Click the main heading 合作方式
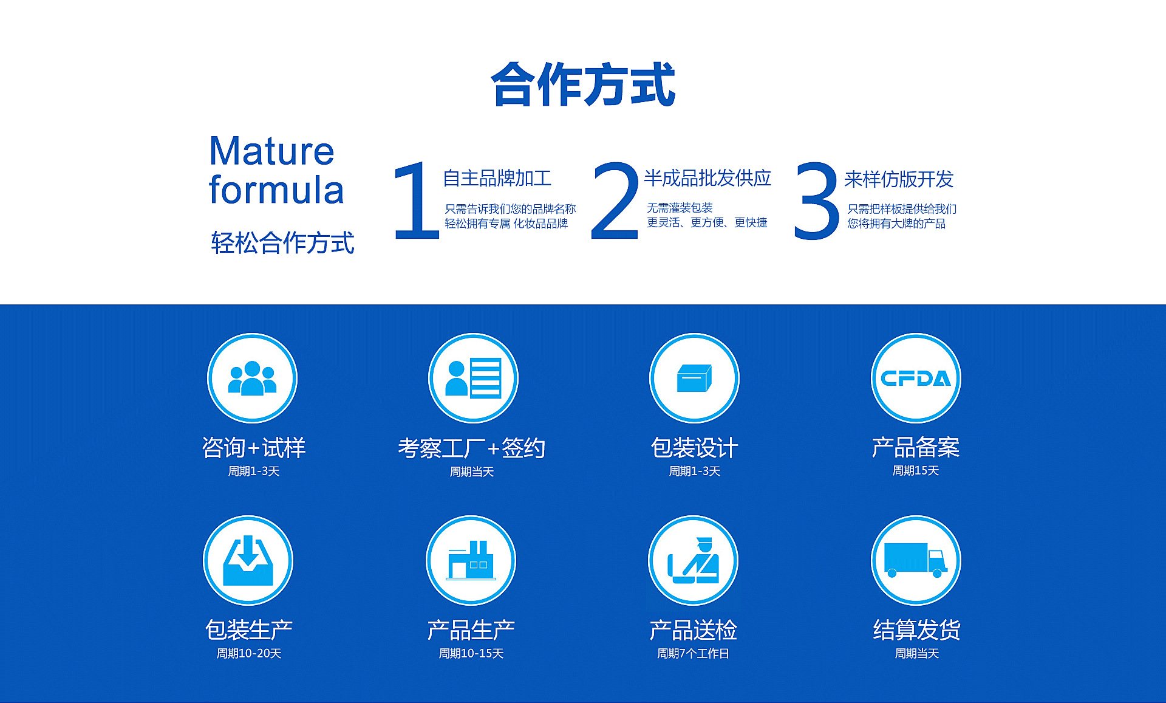583,84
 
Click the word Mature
271,151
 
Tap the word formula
276,190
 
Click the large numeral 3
816,201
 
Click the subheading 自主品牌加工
497,178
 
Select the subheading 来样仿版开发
899,179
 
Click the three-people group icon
252,378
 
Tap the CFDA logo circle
916,378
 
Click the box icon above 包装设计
694,378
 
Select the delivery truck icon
916,560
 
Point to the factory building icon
471,560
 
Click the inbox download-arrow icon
248,560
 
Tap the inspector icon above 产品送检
694,560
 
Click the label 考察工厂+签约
471,448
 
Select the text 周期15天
916,471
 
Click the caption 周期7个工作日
693,654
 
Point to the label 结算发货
916,630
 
